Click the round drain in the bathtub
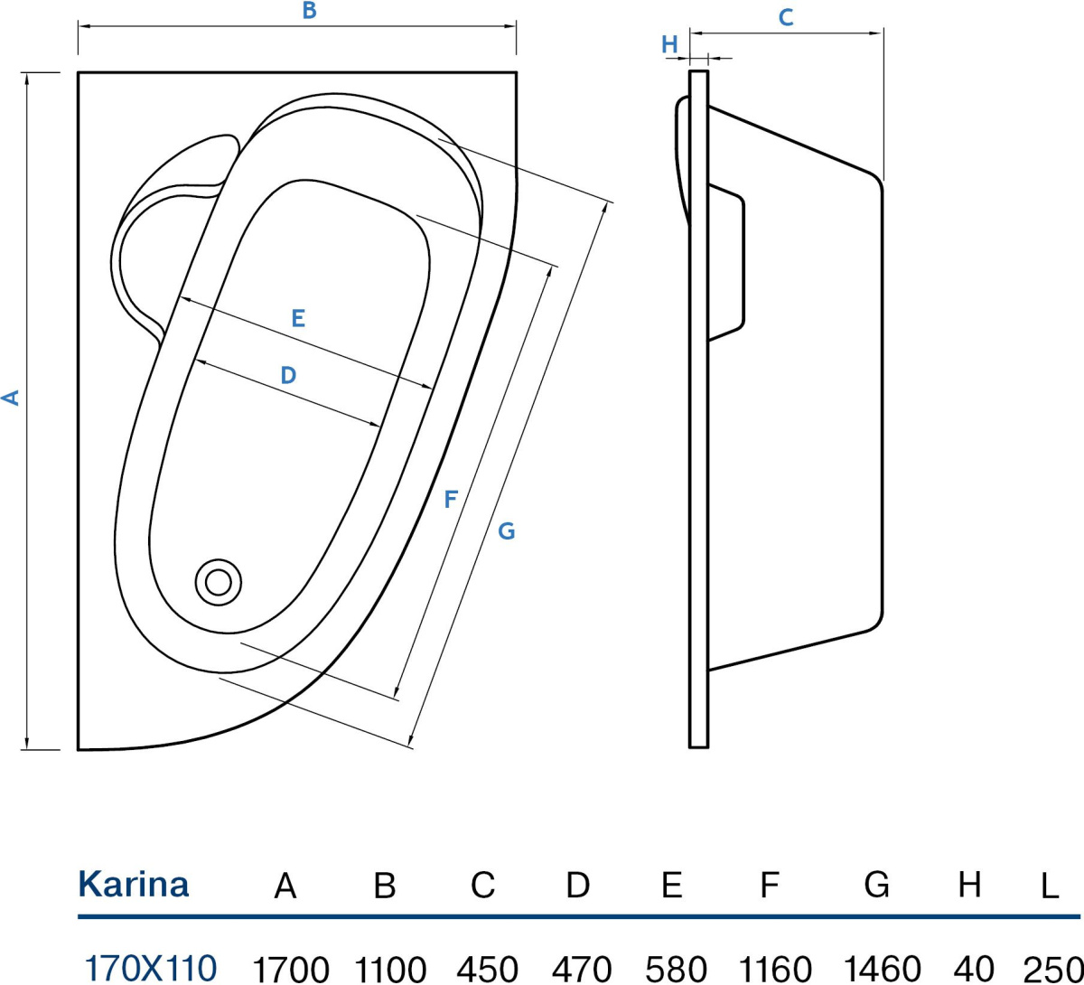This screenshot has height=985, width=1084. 218,581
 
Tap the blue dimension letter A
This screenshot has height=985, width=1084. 12,397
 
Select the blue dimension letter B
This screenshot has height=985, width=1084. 309,12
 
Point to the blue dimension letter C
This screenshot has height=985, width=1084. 786,17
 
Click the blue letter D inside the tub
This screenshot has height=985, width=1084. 287,375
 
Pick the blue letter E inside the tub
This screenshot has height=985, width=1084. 298,318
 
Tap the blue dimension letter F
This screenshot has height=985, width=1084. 451,499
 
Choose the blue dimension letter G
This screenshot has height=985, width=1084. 506,531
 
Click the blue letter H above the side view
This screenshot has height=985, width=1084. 669,44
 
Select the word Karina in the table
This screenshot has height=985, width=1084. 134,884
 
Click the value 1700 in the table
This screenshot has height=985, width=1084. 290,969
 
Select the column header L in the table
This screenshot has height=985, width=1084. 1049,886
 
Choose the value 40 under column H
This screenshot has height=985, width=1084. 973,969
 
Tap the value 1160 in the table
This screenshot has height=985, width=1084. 775,969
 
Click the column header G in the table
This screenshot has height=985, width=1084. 876,885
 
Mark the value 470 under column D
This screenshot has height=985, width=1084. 580,969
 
